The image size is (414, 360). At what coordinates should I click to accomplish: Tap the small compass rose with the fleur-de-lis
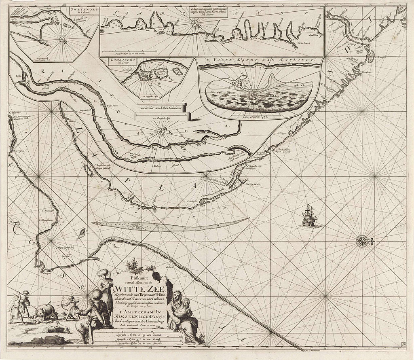click(361, 241)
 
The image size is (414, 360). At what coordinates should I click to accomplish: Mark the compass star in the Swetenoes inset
click(62, 40)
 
